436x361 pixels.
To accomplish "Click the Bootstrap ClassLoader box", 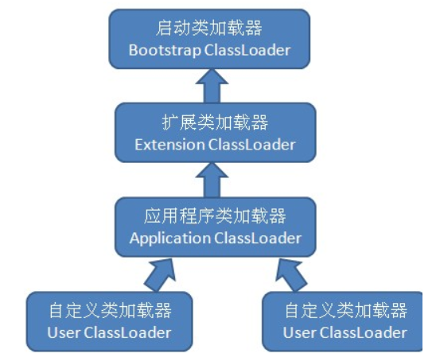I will pyautogui.click(x=209, y=39).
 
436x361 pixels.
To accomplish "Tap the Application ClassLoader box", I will pyautogui.click(x=215, y=227).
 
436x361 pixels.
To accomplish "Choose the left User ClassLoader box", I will pyautogui.click(x=110, y=320).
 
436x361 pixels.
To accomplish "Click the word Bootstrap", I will pyautogui.click(x=162, y=50).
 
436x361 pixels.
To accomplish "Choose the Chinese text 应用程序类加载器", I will pyautogui.click(x=215, y=216).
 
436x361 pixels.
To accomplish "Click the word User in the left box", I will pyautogui.click(x=63, y=332).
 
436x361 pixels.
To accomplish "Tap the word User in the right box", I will pyautogui.click(x=298, y=332).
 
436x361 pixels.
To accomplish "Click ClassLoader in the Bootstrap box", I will pyautogui.click(x=244, y=50).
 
